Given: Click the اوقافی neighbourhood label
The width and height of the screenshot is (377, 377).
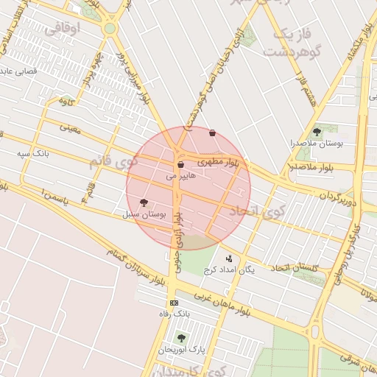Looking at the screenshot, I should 62,29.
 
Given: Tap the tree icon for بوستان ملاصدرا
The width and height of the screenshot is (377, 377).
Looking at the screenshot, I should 317,132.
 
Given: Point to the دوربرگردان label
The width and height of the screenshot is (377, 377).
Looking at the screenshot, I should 338,198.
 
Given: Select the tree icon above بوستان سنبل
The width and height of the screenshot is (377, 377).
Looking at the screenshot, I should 144,202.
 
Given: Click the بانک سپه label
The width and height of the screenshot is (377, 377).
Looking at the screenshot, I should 32,154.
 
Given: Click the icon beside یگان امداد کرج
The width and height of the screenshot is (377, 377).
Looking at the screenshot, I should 229,258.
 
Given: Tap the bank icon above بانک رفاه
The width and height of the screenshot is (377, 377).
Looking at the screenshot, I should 175,303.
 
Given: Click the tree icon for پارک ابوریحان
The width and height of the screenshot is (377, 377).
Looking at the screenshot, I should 181,338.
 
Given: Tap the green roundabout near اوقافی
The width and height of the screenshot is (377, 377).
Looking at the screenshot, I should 110,29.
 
